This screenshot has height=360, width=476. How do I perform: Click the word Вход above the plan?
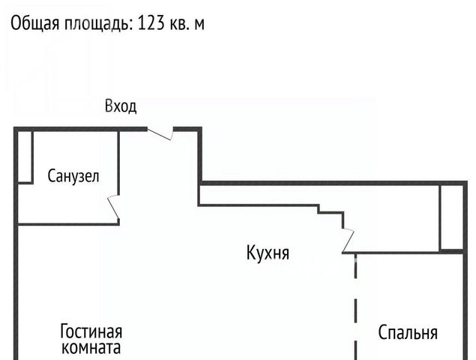click(121, 106)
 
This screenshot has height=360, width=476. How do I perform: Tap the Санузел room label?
click(73, 176)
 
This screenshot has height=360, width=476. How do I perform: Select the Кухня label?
click(268, 253)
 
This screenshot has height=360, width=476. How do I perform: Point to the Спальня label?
click(408, 332)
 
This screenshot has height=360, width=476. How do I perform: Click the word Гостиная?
click(91, 331)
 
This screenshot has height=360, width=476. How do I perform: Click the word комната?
click(91, 347)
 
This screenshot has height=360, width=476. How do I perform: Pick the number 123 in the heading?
click(151, 23)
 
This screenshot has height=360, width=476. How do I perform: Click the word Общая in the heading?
click(35, 23)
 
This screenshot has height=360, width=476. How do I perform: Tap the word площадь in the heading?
click(98, 23)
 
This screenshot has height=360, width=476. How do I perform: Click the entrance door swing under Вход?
click(160, 134)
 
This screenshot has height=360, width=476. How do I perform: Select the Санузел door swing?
click(113, 207)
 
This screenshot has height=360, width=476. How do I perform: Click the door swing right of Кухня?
click(349, 241)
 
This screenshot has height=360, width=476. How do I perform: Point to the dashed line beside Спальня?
click(356, 307)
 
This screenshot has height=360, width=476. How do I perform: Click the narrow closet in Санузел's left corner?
click(25, 157)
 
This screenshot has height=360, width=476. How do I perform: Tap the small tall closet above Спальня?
click(451, 218)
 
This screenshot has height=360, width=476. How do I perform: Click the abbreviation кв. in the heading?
click(179, 23)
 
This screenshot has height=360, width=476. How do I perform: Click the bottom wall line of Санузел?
click(68, 224)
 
